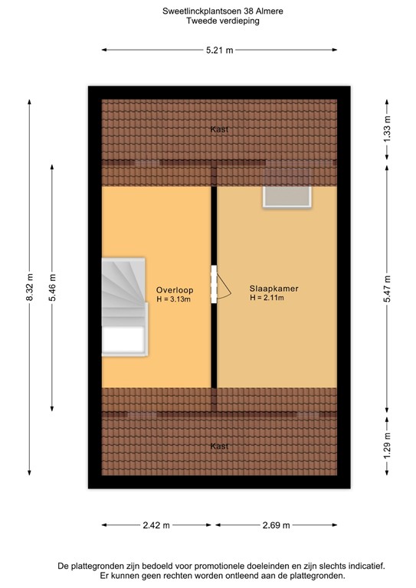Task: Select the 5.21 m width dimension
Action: point(219,51)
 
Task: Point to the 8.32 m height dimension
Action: point(30,288)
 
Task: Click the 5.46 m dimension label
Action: point(52,288)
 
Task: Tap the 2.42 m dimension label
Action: point(156,525)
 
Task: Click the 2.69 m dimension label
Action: point(276,525)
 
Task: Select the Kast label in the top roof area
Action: point(219,129)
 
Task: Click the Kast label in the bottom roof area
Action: point(219,446)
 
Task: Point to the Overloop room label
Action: point(175,290)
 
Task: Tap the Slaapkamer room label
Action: point(274,289)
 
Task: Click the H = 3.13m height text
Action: point(173,299)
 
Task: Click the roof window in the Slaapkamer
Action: point(287,196)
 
